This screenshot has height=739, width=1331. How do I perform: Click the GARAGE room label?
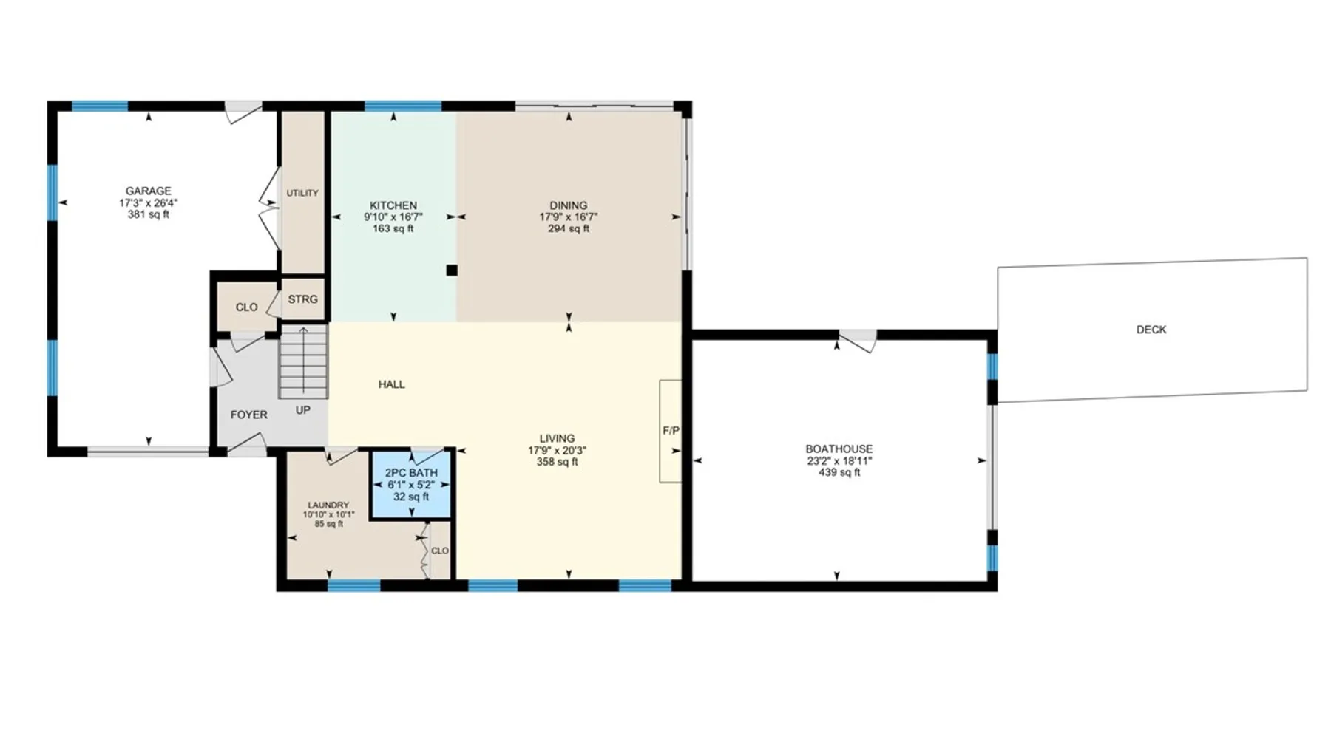[x=149, y=191]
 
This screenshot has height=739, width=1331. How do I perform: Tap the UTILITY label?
[x=302, y=193]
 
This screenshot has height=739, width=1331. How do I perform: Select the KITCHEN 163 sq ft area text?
[x=393, y=229]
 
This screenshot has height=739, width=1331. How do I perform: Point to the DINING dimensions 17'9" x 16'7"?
[x=569, y=217]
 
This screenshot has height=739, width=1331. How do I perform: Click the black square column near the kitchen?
[x=452, y=270]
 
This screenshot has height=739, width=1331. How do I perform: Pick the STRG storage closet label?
[x=303, y=299]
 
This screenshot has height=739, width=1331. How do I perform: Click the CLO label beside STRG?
[x=247, y=307]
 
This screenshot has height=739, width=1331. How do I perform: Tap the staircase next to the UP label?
[x=303, y=362]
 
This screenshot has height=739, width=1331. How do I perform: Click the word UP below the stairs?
[x=303, y=410]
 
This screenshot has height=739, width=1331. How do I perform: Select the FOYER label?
[x=249, y=415]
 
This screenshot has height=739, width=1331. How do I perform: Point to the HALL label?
[x=392, y=384]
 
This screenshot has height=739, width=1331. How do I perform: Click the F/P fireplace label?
[x=671, y=430]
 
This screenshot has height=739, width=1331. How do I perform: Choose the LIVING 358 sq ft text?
[x=558, y=462]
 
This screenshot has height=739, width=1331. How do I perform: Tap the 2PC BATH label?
[x=411, y=473]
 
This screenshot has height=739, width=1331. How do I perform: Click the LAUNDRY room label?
[x=328, y=505]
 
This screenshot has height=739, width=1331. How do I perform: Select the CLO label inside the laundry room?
[x=440, y=551]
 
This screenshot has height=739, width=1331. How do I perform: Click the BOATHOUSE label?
[x=839, y=449]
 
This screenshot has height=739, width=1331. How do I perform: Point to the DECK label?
[x=1151, y=330]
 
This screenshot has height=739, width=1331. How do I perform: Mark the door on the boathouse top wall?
[x=858, y=341]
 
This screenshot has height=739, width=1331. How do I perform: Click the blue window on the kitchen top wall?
[x=404, y=106]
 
